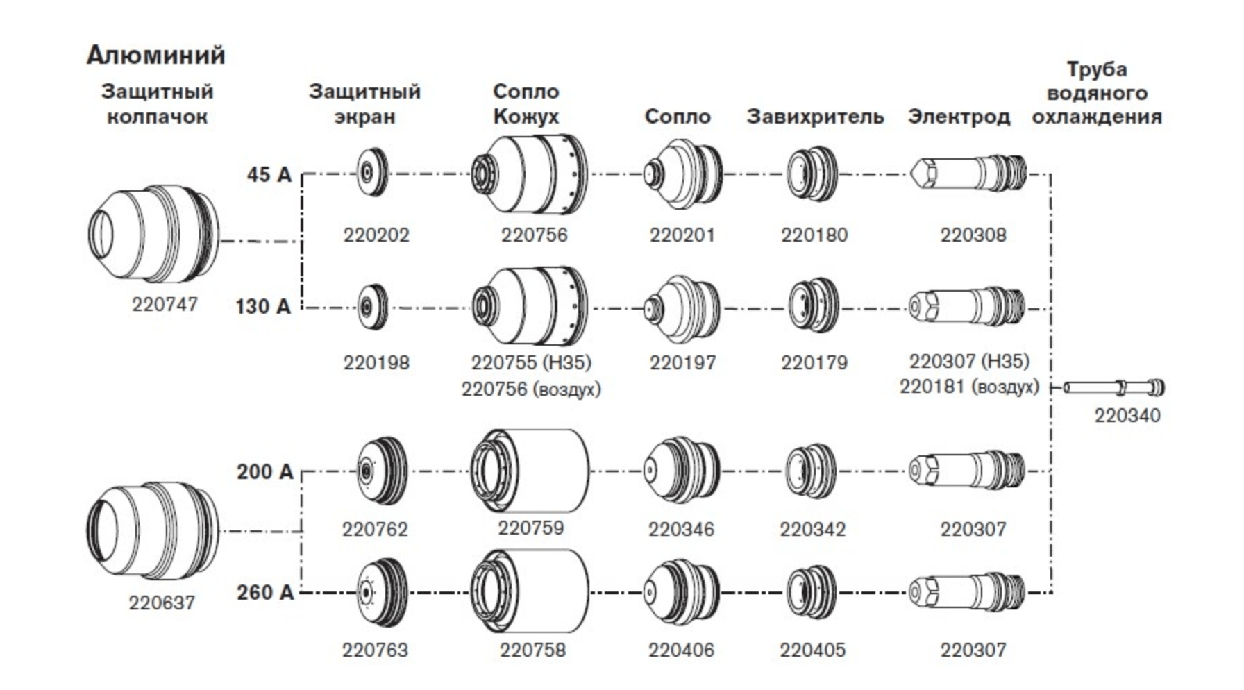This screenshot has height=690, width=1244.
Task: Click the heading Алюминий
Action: pos(156,55)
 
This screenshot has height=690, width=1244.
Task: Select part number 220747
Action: pos(165,304)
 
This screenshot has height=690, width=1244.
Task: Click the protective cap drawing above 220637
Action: pos(153,530)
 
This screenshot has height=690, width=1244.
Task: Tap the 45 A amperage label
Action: pos(269,174)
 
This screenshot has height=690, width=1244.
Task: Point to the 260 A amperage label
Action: pos(265,593)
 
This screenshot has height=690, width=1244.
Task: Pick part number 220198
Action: pos(376,362)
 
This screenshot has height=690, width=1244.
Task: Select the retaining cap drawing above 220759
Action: pos(530,472)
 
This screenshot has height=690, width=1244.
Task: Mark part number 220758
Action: pos(532,650)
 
